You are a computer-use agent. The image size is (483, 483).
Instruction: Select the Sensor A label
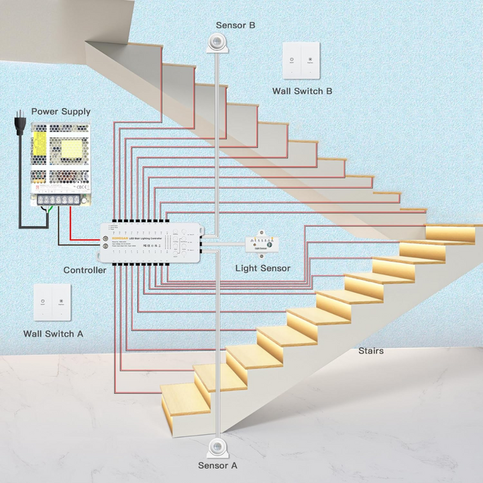(217, 465)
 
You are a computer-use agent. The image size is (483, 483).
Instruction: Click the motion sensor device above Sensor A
(217, 445)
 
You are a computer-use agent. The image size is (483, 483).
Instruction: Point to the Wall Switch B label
(302, 91)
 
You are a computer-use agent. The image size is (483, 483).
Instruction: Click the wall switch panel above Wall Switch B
(301, 60)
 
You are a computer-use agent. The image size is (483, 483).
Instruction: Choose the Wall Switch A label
(54, 333)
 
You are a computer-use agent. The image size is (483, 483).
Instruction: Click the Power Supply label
(60, 111)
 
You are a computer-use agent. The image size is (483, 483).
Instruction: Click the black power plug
(20, 124)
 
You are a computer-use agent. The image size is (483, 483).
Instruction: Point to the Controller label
(85, 270)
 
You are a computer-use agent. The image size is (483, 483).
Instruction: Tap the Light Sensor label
(263, 268)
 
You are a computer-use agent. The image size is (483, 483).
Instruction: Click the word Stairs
(371, 351)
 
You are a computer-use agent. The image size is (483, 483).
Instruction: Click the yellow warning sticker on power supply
(40, 142)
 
